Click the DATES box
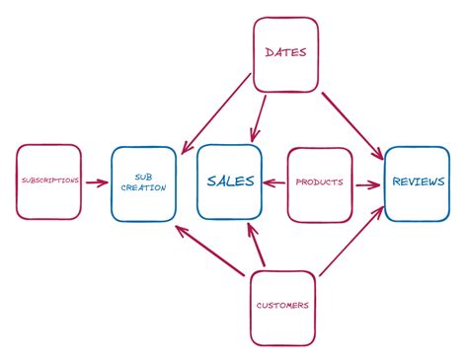tap(286, 52)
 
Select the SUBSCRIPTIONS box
tap(48, 182)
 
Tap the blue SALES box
tap(229, 181)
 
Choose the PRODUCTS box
tap(319, 183)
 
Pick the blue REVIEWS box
tap(416, 182)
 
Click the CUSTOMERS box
tap(282, 305)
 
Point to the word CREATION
tap(144, 187)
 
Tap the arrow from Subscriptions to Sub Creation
tap(96, 182)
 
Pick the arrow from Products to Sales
tap(274, 182)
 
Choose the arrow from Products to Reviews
tap(366, 183)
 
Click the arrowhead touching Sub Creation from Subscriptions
tap(104, 182)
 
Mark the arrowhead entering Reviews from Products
tap(376, 183)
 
